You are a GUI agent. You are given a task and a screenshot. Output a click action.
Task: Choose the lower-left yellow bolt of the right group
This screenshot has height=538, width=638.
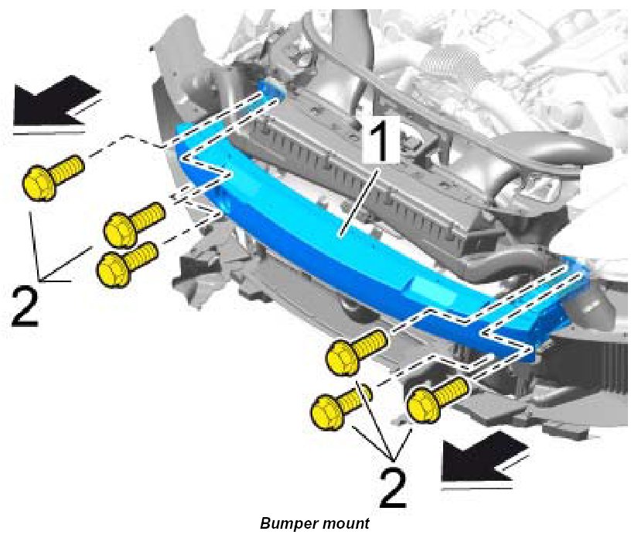(x=337, y=407)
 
